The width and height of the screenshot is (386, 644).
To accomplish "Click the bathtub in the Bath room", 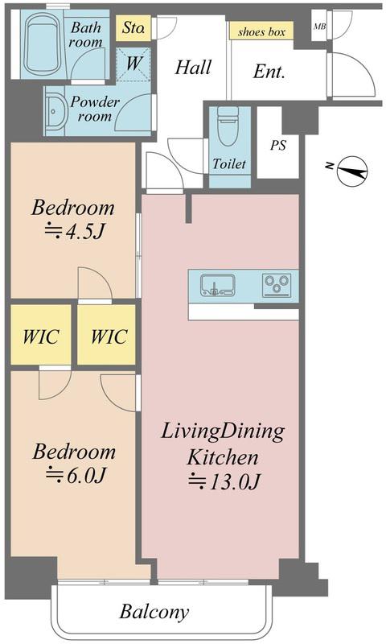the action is click(43, 43).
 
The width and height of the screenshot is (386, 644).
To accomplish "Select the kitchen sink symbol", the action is click(217, 285).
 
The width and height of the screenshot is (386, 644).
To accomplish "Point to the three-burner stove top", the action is click(277, 285).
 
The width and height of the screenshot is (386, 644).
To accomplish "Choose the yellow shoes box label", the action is click(261, 31).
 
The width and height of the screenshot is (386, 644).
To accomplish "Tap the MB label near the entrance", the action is click(319, 27).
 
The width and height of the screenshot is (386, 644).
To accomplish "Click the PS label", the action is click(278, 145).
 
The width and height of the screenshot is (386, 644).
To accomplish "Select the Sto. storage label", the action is click(133, 28).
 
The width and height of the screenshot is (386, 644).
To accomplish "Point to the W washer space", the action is click(133, 64).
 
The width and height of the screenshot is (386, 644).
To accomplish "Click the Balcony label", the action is click(154, 612).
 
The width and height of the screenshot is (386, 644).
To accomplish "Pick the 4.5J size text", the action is click(74, 232).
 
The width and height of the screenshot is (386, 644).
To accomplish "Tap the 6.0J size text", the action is click(76, 475).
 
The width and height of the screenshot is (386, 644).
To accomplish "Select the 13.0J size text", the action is click(224, 481).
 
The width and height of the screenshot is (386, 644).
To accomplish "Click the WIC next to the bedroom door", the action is click(109, 336).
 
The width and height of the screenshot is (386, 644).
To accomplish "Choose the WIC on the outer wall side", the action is click(40, 336).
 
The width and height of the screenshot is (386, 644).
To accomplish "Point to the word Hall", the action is click(193, 68).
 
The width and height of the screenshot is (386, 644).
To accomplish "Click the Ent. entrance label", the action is click(269, 72).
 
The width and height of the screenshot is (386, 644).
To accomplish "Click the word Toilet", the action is click(229, 164).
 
